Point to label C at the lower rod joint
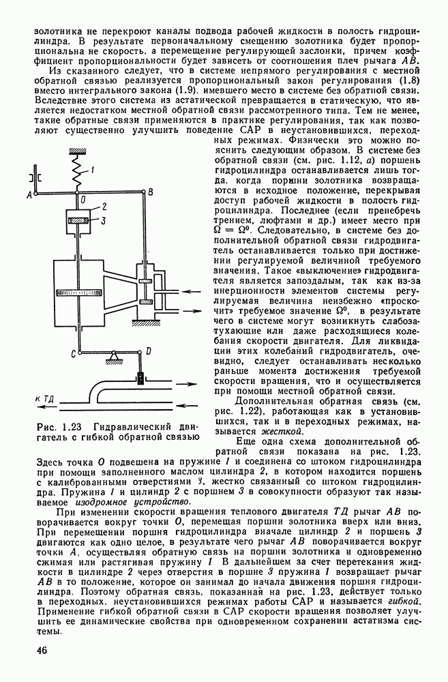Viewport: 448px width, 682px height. pos(72,352)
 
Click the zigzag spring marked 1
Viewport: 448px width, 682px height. pos(78,173)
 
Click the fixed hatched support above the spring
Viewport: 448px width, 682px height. pos(79,151)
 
